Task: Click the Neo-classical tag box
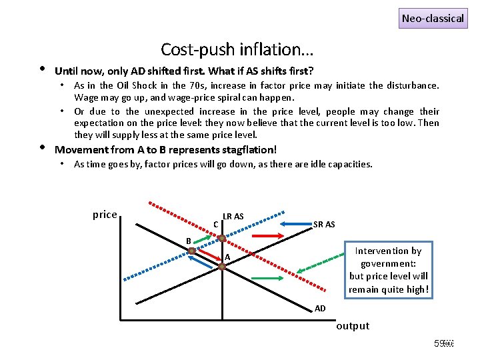click(433, 18)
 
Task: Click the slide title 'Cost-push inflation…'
click(237, 49)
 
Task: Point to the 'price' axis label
click(105, 215)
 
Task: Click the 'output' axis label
click(353, 325)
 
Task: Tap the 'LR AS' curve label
click(233, 216)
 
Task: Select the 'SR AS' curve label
click(324, 224)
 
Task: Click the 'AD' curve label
click(320, 308)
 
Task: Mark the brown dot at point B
click(191, 250)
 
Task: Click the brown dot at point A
click(222, 265)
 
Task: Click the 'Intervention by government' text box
click(389, 269)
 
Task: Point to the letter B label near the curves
click(189, 240)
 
